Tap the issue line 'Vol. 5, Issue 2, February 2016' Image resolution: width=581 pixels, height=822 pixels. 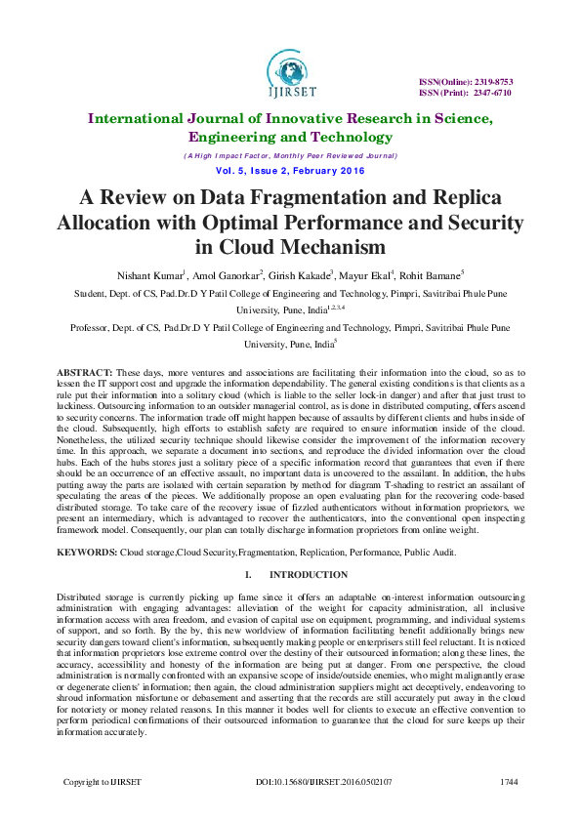click(290, 171)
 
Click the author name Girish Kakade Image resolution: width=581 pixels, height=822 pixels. click(296, 275)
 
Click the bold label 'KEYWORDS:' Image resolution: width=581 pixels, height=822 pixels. click(88, 552)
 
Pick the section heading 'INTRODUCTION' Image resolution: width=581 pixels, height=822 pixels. click(308, 575)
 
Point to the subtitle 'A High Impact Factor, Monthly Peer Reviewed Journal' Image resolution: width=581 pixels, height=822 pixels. click(290, 155)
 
